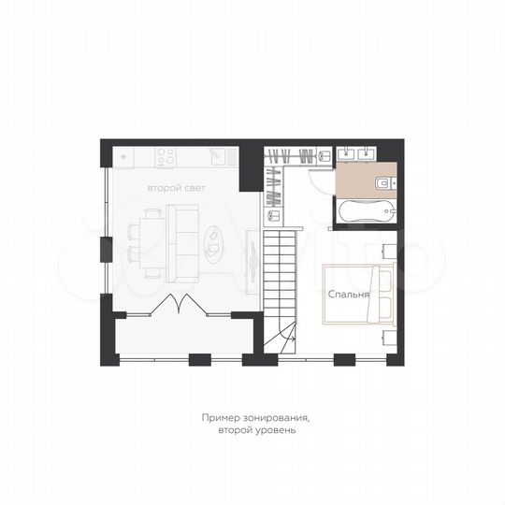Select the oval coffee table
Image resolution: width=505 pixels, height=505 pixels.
214,243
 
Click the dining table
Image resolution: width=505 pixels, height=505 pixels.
149,241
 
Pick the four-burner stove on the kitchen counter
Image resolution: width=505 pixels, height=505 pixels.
166,153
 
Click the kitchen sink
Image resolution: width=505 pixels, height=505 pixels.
213,153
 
